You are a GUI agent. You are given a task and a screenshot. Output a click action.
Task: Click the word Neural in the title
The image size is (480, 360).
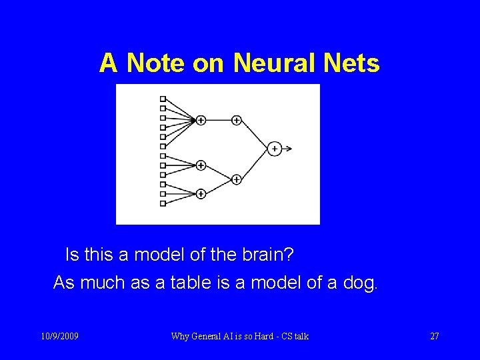point(274,63)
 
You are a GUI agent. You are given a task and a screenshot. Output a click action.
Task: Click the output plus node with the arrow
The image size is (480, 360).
point(274,149)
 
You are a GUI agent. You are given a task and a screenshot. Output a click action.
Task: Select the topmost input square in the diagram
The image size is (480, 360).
point(163,99)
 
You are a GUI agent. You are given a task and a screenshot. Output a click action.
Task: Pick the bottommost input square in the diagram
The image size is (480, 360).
point(163,203)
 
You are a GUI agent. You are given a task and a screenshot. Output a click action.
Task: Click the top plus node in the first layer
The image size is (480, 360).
point(201,120)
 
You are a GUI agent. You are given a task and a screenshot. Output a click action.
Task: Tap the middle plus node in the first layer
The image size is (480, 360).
point(201,165)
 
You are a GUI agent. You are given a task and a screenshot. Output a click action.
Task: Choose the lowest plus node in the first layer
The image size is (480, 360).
point(201,194)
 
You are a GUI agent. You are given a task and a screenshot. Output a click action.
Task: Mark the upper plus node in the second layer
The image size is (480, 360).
point(236,120)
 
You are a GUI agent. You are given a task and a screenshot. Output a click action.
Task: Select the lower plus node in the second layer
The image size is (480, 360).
point(236,179)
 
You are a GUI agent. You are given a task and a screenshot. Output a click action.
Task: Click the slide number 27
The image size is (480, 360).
point(434,337)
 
